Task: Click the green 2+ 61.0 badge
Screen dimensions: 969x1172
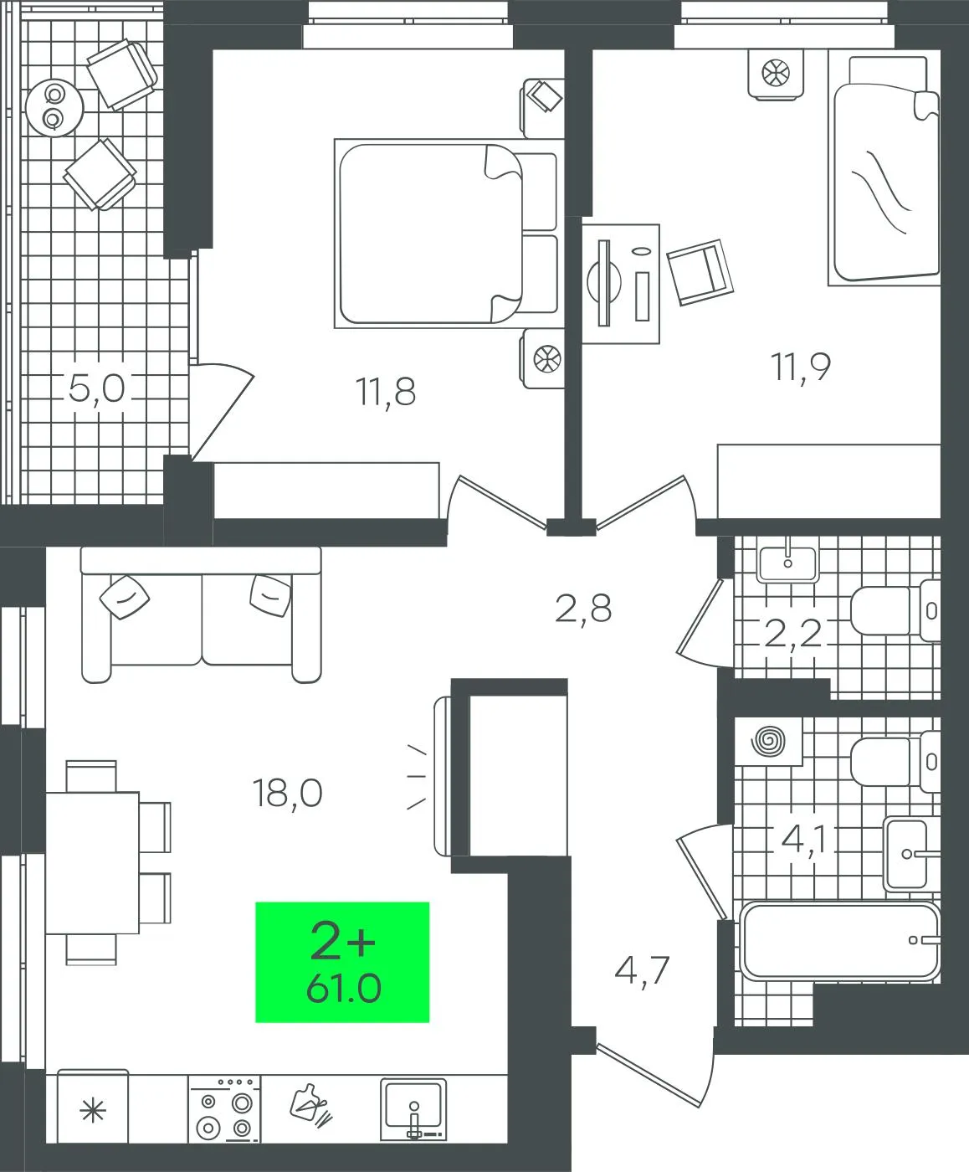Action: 342,962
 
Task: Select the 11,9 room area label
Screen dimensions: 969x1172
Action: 802,367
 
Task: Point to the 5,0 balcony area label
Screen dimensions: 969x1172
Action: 96,388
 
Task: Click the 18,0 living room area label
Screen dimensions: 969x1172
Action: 288,793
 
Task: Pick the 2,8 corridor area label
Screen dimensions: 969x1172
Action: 583,609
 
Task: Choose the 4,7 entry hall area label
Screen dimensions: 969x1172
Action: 643,971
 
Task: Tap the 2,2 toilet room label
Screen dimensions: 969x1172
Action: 792,633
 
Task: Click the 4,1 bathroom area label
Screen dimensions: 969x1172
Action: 804,839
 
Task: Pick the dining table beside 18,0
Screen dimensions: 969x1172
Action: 92,862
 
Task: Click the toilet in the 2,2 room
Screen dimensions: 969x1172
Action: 895,610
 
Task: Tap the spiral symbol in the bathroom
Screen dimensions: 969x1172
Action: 768,740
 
